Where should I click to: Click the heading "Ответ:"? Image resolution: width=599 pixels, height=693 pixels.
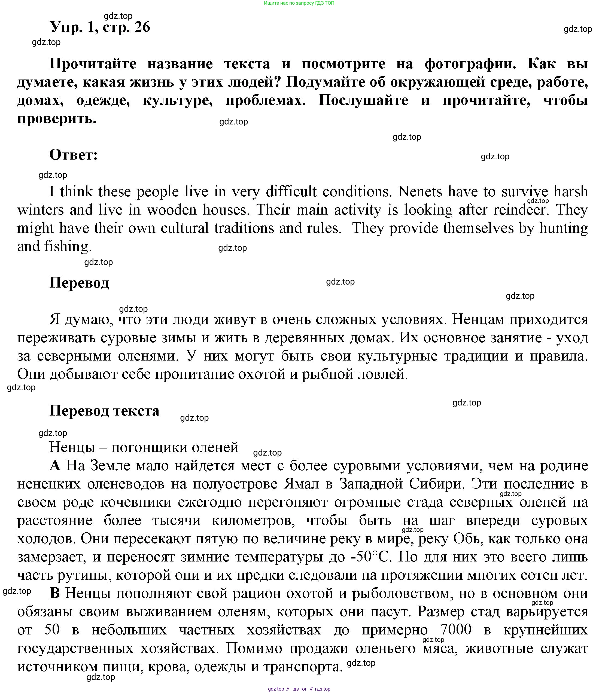pos(74,155)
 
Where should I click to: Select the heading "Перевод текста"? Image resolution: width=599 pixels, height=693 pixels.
pos(104,410)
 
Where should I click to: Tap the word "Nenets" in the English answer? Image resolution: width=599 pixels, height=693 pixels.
pos(420,192)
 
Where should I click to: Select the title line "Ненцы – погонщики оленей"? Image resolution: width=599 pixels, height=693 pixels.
pos(144,447)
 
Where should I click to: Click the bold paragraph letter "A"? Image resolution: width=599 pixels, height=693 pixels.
pos(55,466)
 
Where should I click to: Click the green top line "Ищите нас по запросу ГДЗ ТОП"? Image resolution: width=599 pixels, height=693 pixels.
pos(299,3)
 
